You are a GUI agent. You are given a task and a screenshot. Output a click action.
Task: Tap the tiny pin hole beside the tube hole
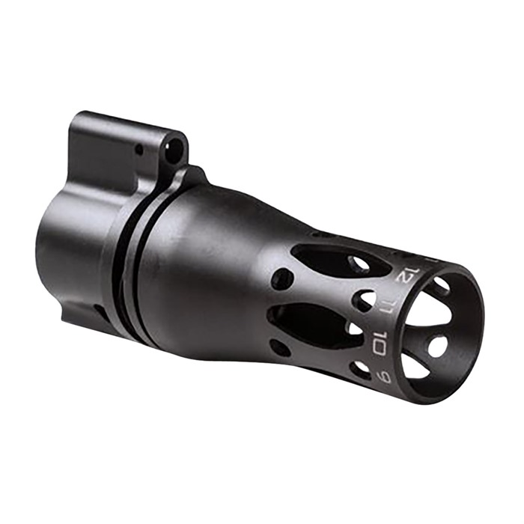tap(139, 150)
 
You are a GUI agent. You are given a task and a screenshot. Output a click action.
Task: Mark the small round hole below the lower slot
tap(278, 347)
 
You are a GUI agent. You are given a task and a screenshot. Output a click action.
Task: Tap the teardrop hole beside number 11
tap(365, 301)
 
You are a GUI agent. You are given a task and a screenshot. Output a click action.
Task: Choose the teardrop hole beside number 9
tap(362, 369)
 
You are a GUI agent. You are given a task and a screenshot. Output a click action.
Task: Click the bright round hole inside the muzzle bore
tap(437, 345)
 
